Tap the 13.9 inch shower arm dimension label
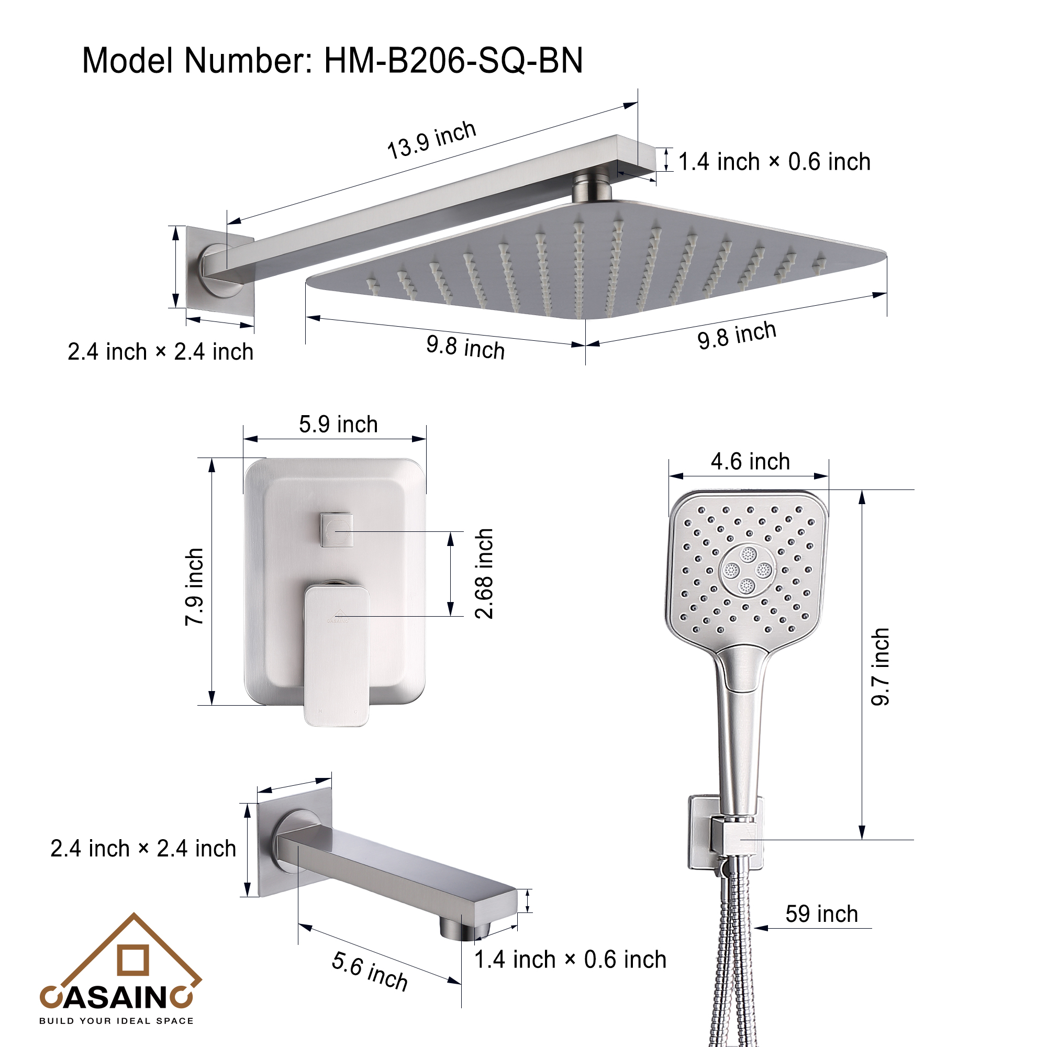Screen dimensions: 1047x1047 431,140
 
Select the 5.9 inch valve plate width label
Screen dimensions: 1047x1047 338,425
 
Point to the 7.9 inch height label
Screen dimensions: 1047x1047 195,587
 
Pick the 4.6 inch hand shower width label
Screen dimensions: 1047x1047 750,462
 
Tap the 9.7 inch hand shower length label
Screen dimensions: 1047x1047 880,666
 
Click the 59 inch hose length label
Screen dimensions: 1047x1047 821,914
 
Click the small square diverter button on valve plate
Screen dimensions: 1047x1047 337,529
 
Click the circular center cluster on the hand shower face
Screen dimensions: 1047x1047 748,570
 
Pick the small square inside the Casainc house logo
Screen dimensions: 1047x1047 133,960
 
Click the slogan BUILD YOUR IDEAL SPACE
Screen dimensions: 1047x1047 116,1021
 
